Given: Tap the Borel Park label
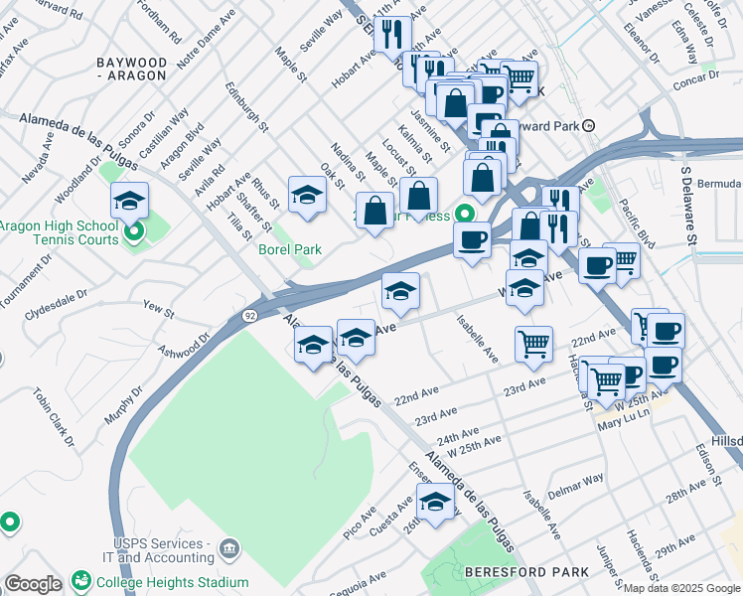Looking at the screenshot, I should (290, 249).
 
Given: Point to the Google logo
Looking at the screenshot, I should (33, 584).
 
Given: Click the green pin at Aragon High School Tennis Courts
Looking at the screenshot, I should (135, 232).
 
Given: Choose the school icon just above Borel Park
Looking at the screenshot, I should (308, 195).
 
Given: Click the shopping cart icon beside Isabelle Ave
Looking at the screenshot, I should (533, 344).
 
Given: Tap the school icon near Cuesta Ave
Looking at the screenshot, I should (435, 502).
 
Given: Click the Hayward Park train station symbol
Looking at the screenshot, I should (589, 125).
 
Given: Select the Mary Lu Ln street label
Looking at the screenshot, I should (623, 425).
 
